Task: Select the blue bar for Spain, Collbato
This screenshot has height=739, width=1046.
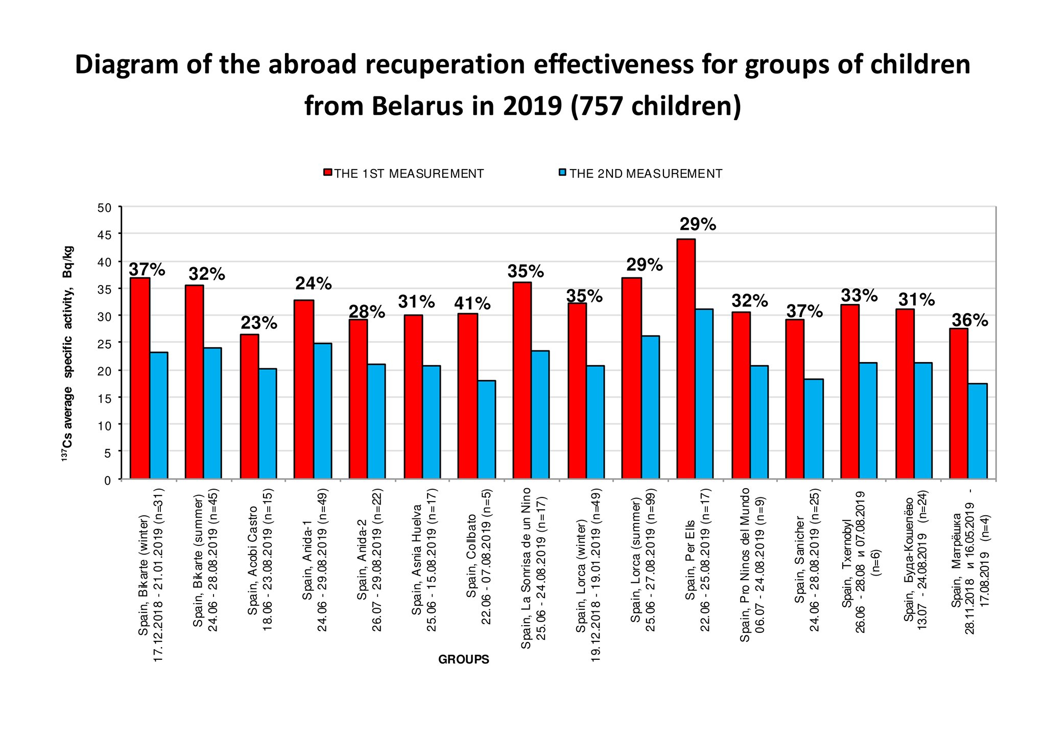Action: pos(486,430)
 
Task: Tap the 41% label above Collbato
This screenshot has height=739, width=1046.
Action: pos(472,304)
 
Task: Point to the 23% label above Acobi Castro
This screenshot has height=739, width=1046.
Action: pos(259,323)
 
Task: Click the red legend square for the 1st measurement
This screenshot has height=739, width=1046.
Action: pos(327,173)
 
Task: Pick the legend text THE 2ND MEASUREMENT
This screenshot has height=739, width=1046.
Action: pos(646,174)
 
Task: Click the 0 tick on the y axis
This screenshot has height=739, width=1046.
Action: pos(107,480)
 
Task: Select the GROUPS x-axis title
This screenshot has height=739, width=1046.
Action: pos(464,659)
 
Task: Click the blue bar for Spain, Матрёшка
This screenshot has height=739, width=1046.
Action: pos(978,431)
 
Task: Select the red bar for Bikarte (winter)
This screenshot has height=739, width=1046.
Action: pos(140,378)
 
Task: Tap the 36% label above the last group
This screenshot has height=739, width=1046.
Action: pos(969,320)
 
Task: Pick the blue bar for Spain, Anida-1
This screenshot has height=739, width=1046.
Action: pos(322,411)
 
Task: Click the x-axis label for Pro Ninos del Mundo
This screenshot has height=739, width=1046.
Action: pos(752,564)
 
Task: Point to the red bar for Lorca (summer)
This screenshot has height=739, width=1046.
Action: pos(631,378)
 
